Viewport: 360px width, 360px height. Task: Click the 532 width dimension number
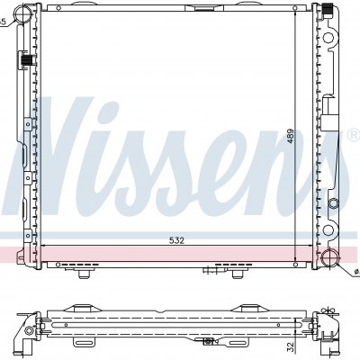click(176, 240)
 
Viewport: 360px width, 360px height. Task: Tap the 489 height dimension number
click(291, 136)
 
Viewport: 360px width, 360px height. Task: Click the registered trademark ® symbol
click(353, 135)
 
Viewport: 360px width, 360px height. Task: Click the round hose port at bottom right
click(330, 257)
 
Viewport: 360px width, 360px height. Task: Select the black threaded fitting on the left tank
click(27, 60)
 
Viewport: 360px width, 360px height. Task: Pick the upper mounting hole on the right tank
click(328, 38)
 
